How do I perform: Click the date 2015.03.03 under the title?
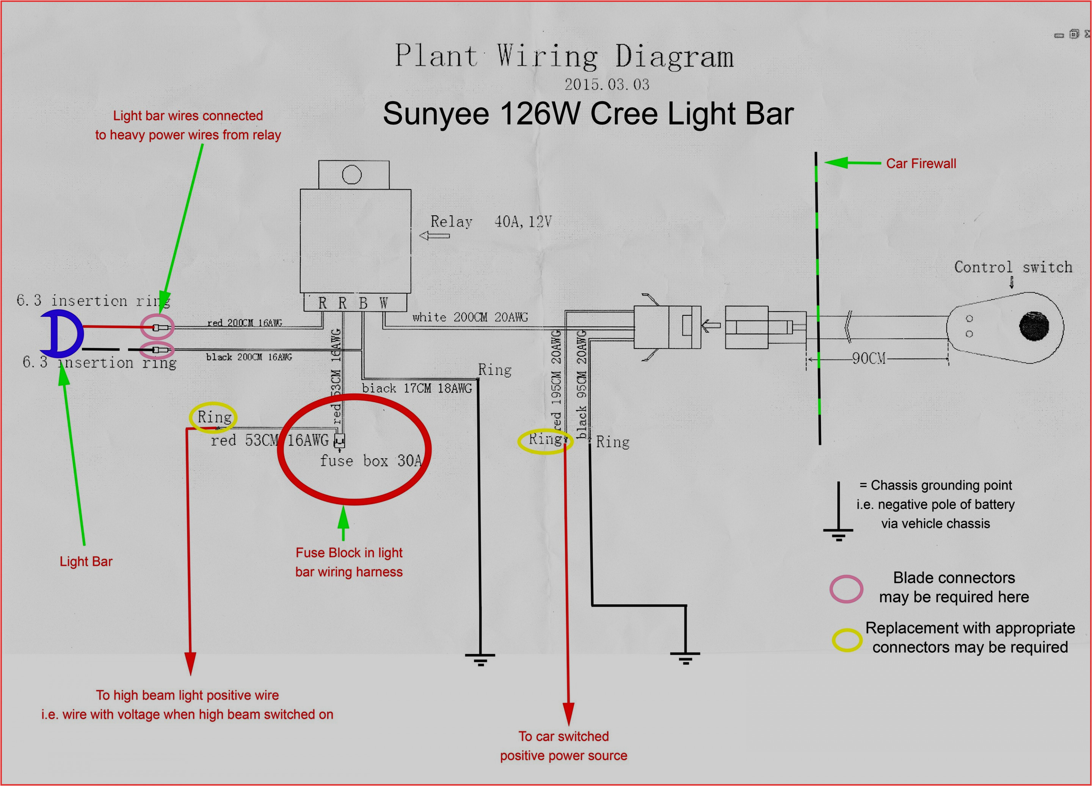607,85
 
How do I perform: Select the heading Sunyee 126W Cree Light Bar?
588,114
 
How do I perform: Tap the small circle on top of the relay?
351,175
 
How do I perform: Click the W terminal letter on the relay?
384,303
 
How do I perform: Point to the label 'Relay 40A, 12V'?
490,222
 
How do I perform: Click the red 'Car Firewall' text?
921,164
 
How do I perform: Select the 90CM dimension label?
869,358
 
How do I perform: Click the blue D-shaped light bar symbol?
62,333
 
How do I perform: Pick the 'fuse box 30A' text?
371,461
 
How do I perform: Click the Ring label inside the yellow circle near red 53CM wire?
214,417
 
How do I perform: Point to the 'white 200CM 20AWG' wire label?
470,317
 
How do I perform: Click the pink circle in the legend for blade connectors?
846,589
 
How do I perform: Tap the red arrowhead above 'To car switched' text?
568,713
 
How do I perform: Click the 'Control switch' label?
1013,267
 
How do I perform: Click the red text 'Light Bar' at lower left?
86,562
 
